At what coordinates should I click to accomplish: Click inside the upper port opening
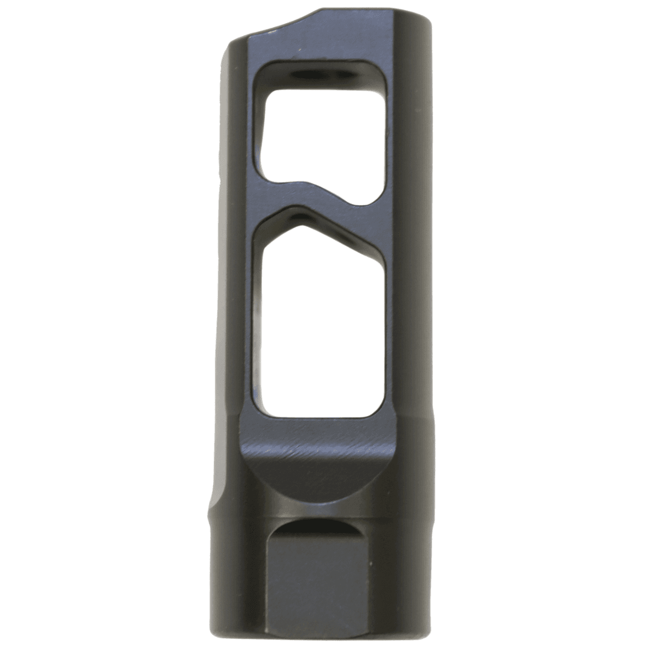(x=321, y=135)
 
